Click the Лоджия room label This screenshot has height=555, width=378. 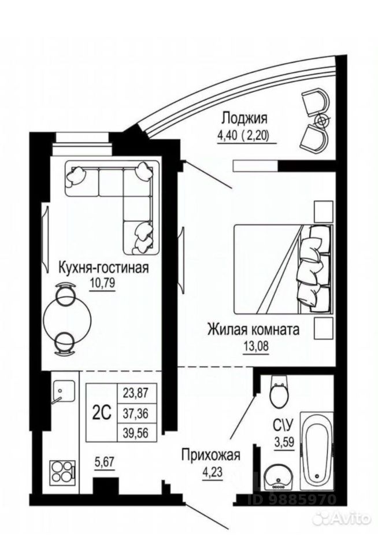(244, 119)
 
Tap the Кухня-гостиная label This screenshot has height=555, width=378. (103, 268)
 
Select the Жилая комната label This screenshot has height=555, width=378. (253, 329)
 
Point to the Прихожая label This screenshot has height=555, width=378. (210, 455)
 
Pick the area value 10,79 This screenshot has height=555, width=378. (103, 283)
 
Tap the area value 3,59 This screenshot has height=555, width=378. (284, 442)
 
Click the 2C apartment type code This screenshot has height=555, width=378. (102, 413)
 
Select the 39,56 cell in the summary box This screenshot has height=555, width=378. (136, 432)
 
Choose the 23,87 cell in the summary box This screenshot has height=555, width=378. (136, 393)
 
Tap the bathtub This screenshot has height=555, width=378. (316, 451)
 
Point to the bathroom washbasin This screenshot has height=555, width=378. (279, 478)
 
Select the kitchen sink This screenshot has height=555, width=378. (62, 392)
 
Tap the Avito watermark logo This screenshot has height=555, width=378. (343, 519)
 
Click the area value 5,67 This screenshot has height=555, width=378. (104, 462)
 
